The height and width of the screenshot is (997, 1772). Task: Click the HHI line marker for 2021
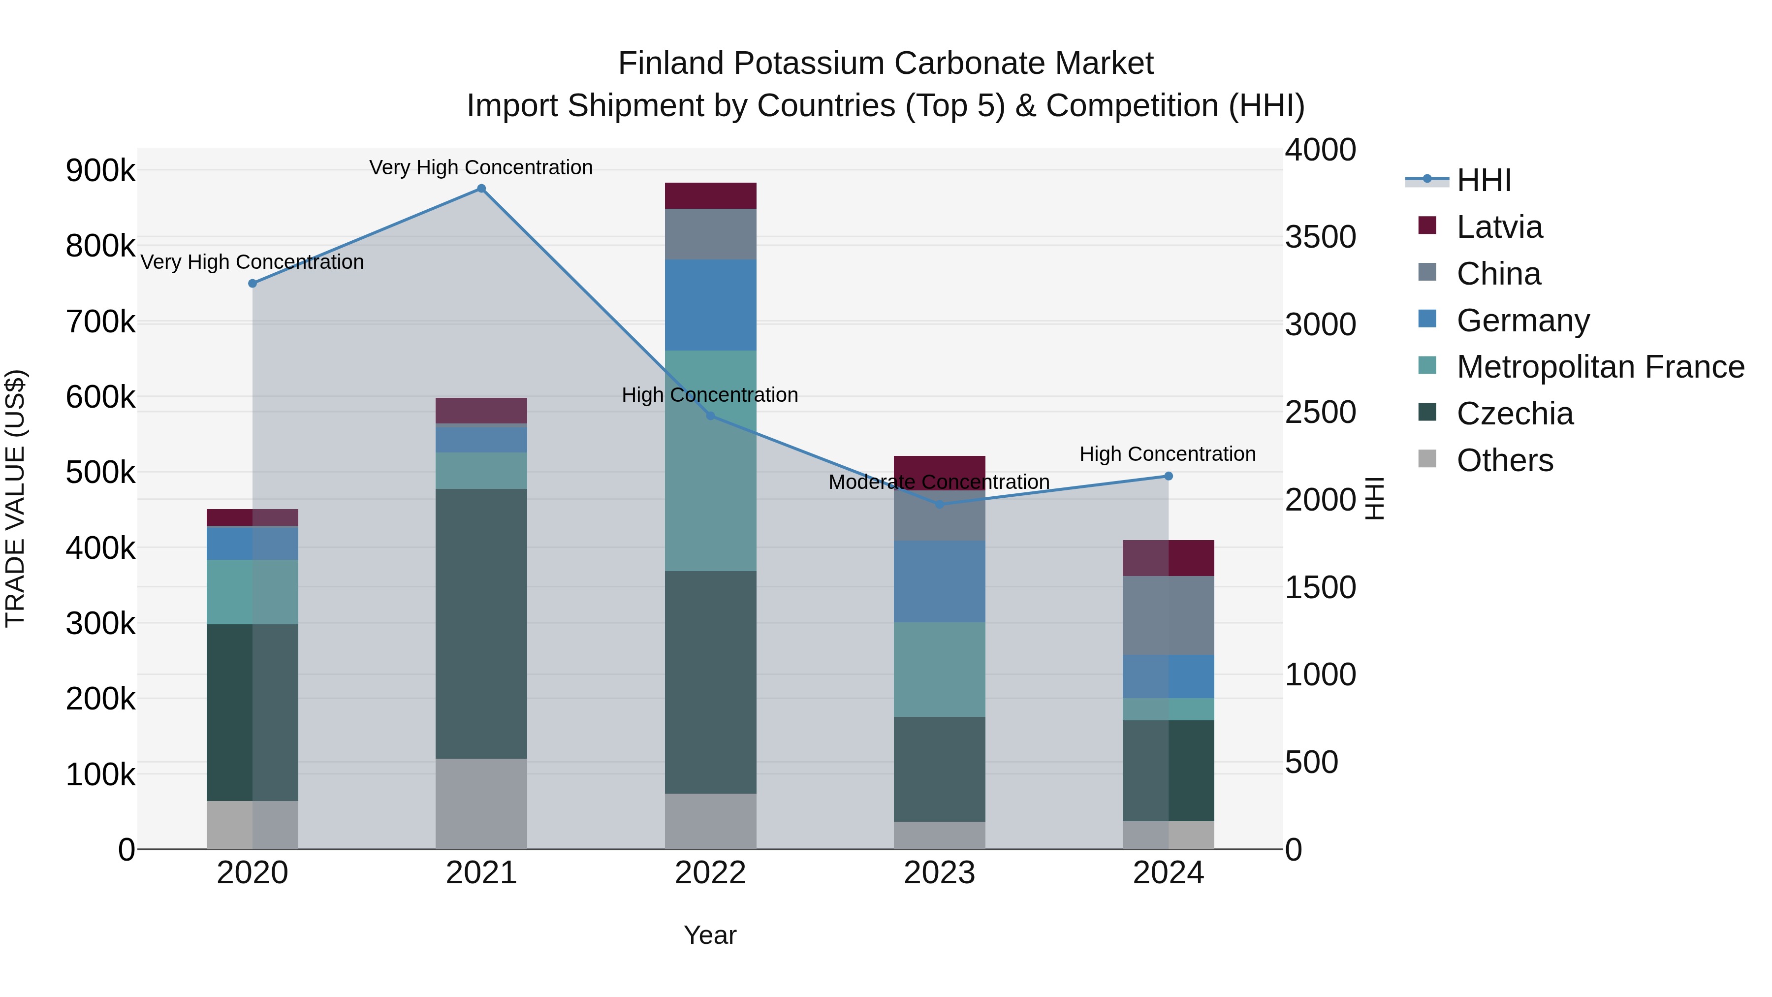(x=481, y=189)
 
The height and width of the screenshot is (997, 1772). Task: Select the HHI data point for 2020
(x=253, y=284)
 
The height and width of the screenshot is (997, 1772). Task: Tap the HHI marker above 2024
(x=1168, y=476)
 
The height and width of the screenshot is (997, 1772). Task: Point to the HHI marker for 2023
(x=940, y=504)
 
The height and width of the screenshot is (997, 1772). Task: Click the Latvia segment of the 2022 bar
(x=711, y=196)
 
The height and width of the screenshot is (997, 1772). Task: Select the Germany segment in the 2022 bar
(x=711, y=305)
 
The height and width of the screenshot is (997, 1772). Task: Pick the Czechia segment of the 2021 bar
(x=481, y=623)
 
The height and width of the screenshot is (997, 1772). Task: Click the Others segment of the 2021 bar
(x=481, y=804)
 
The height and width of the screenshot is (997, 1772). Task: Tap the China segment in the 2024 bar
(x=1168, y=615)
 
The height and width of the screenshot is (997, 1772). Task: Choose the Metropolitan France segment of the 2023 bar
(x=940, y=670)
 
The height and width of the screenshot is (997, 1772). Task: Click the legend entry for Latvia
(x=1500, y=227)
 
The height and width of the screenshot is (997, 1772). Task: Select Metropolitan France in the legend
(x=1600, y=367)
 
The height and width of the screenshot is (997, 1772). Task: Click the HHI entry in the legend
(x=1484, y=180)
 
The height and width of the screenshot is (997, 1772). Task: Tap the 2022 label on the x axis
(x=711, y=873)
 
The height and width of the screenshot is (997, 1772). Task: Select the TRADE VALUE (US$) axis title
(x=15, y=498)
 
